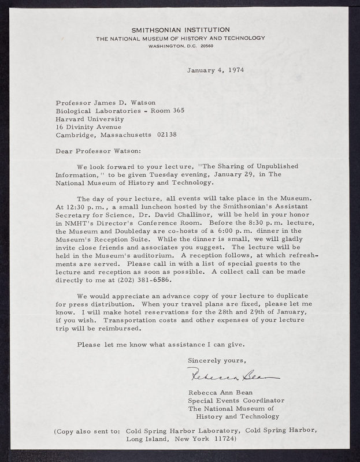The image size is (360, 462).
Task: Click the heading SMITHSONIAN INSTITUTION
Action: [x=181, y=29]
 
